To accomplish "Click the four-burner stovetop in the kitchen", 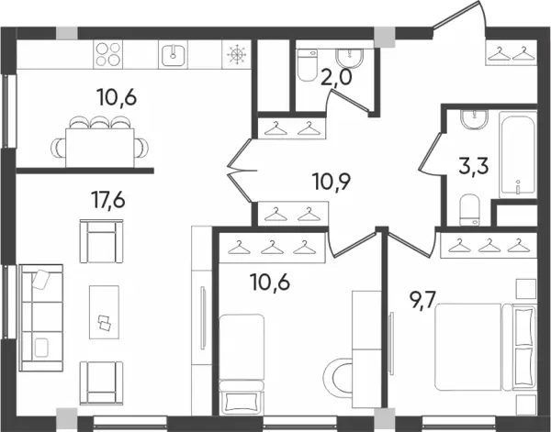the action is coord(107,54).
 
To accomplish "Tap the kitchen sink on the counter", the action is coord(173,54).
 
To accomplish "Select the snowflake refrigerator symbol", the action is coord(237,54).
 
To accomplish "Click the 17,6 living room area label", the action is coord(108,200).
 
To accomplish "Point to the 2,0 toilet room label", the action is coord(335,78).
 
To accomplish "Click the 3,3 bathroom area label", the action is coord(474,166).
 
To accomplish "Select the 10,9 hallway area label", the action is coord(332,182).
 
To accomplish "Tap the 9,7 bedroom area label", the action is coord(422,301).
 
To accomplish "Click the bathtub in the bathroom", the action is coord(518,155).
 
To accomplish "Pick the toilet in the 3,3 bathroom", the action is coord(469,210).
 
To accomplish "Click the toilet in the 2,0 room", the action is coord(307,65).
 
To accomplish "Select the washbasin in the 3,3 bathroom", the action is coord(475,119).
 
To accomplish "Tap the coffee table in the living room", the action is coord(104,312).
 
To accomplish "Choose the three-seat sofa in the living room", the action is coord(41,318).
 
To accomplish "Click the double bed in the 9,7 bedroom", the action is coord(486,347).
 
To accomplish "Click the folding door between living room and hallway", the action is coord(241,171).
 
